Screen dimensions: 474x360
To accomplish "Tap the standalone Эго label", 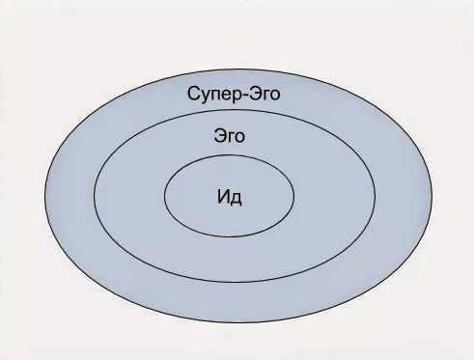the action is tap(230, 137).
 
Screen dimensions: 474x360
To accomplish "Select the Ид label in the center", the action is tap(229, 198).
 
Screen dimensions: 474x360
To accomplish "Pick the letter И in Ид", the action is tap(223, 198).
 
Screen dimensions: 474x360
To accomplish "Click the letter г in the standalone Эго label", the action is tap(230, 138).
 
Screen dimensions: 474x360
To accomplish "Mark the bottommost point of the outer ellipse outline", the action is tap(237, 322).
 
